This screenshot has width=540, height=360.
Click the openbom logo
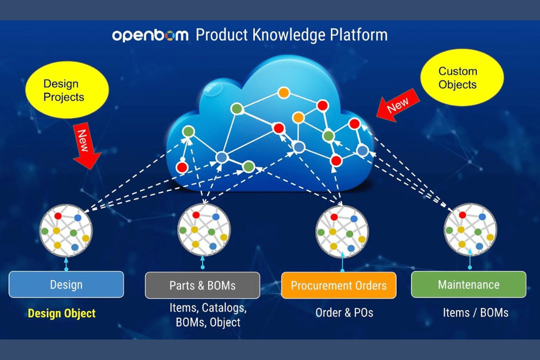[x=150, y=35]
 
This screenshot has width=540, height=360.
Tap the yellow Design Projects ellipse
[x=67, y=90]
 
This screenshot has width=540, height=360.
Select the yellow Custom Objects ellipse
[x=462, y=77]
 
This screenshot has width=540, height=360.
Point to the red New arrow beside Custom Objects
[x=398, y=105]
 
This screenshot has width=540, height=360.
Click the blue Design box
[x=66, y=284]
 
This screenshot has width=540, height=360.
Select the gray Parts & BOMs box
[x=203, y=285]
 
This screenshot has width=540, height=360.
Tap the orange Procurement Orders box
[x=339, y=285]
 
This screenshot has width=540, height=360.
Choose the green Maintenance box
[x=469, y=284]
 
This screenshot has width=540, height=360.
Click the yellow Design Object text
[x=62, y=313]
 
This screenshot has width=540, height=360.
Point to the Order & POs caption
[x=345, y=313]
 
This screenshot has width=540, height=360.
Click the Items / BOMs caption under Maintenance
[x=475, y=313]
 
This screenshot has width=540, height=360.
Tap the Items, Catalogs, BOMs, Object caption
[x=208, y=315]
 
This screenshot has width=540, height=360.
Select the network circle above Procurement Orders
[x=342, y=231]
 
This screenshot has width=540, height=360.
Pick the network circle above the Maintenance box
[x=470, y=230]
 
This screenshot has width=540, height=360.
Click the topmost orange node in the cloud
[x=283, y=92]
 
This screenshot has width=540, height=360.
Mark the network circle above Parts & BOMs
[x=204, y=230]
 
